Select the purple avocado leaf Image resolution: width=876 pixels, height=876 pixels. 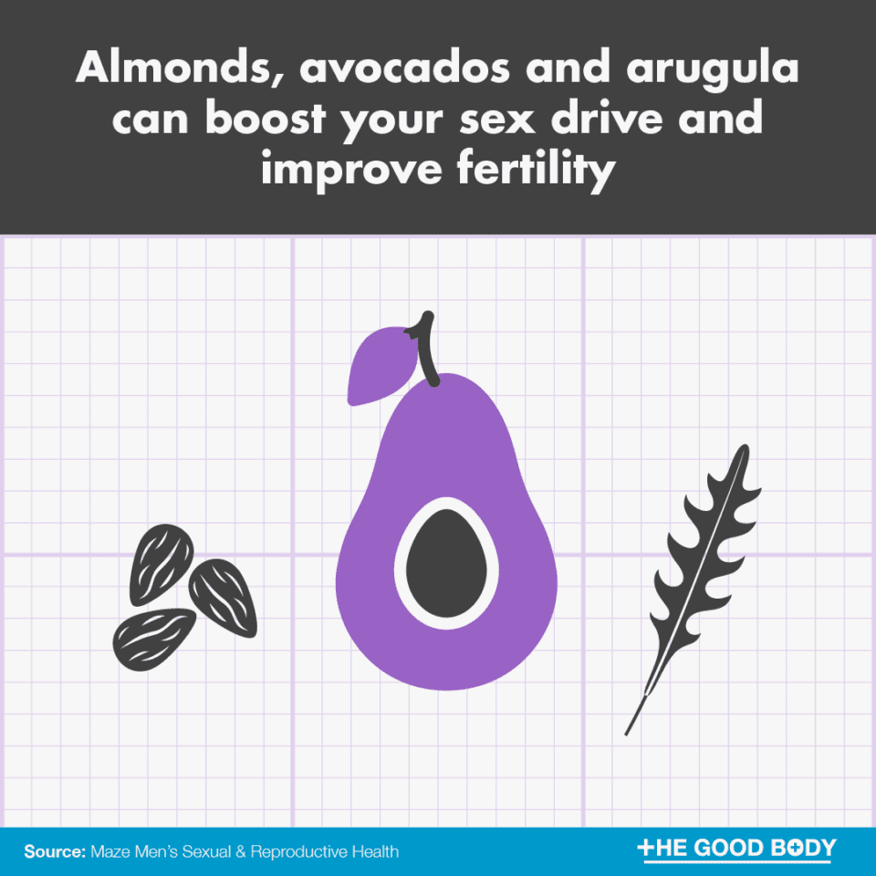[x=381, y=367]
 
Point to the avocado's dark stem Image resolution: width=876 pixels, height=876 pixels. [x=425, y=351]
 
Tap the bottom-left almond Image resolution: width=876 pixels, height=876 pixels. [x=153, y=635]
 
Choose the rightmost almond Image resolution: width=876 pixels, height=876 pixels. [x=224, y=597]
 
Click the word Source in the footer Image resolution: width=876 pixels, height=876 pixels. [x=54, y=851]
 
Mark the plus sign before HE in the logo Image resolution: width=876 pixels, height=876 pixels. [x=646, y=849]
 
